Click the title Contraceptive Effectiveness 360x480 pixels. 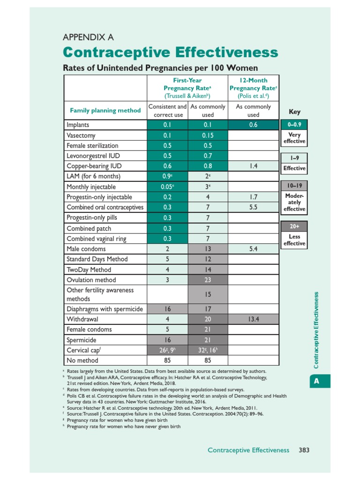170,52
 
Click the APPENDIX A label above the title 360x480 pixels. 88,37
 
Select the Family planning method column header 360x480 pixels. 105,111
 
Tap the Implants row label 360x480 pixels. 78,125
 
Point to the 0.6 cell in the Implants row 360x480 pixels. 253,125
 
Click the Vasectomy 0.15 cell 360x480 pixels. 207,135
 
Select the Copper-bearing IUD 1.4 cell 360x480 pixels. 253,166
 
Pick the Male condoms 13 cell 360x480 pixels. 207,249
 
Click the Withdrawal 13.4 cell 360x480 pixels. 253,319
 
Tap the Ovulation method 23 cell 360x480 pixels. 207,279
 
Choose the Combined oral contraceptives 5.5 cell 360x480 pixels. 253,207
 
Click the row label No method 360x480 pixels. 82,360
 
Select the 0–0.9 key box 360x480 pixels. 294,125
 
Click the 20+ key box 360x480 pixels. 294,226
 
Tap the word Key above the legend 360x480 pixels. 294,112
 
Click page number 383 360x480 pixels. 304,450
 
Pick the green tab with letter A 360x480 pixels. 317,381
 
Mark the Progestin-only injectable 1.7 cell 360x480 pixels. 253,197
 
